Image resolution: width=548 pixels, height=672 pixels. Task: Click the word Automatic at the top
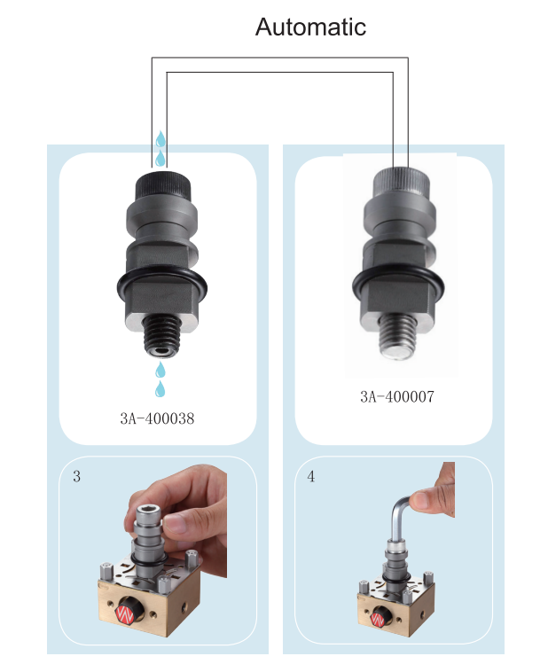pos(310,27)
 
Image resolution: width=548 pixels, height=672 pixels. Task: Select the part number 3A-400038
pos(156,418)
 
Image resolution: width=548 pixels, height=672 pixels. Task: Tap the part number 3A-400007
pos(397,396)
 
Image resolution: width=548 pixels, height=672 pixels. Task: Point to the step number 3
pos(77,477)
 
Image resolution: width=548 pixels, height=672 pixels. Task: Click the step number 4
pos(310,477)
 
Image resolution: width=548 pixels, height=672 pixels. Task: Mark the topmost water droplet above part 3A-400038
pos(160,139)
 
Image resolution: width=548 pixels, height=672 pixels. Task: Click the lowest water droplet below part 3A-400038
pos(160,389)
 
